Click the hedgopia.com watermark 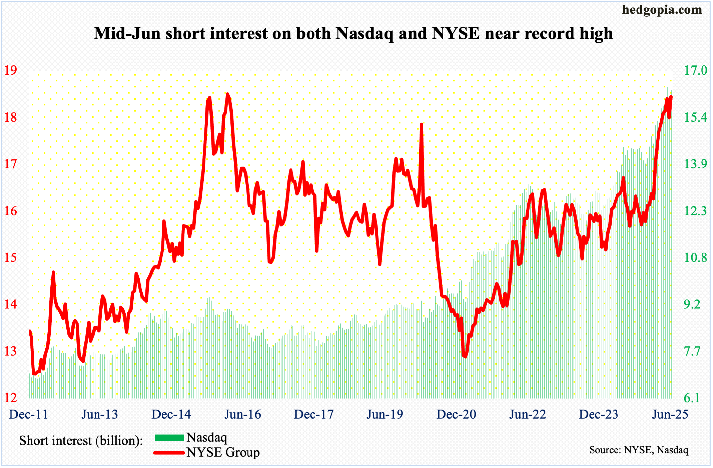662,10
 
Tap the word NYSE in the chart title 456,33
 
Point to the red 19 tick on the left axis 11,70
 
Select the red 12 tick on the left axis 11,398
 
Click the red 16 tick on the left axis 11,211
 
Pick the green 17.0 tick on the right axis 695,70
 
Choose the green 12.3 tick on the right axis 695,211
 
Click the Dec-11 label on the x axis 29,414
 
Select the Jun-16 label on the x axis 243,414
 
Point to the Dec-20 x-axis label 456,414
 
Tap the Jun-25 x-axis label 670,414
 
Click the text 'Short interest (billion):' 81,441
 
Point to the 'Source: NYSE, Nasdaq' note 638,450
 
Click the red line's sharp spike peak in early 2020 421,124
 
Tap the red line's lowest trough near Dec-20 465,356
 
